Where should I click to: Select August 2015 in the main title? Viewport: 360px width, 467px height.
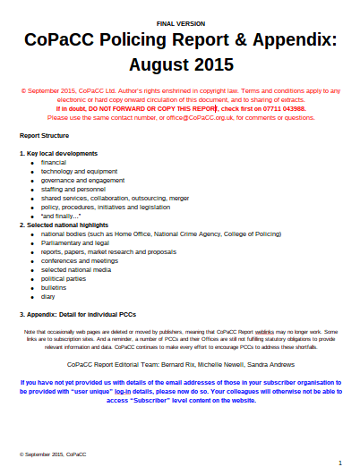click(x=179, y=66)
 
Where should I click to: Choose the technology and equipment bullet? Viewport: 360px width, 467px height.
click(x=79, y=171)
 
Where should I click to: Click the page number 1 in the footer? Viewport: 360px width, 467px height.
click(x=339, y=462)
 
